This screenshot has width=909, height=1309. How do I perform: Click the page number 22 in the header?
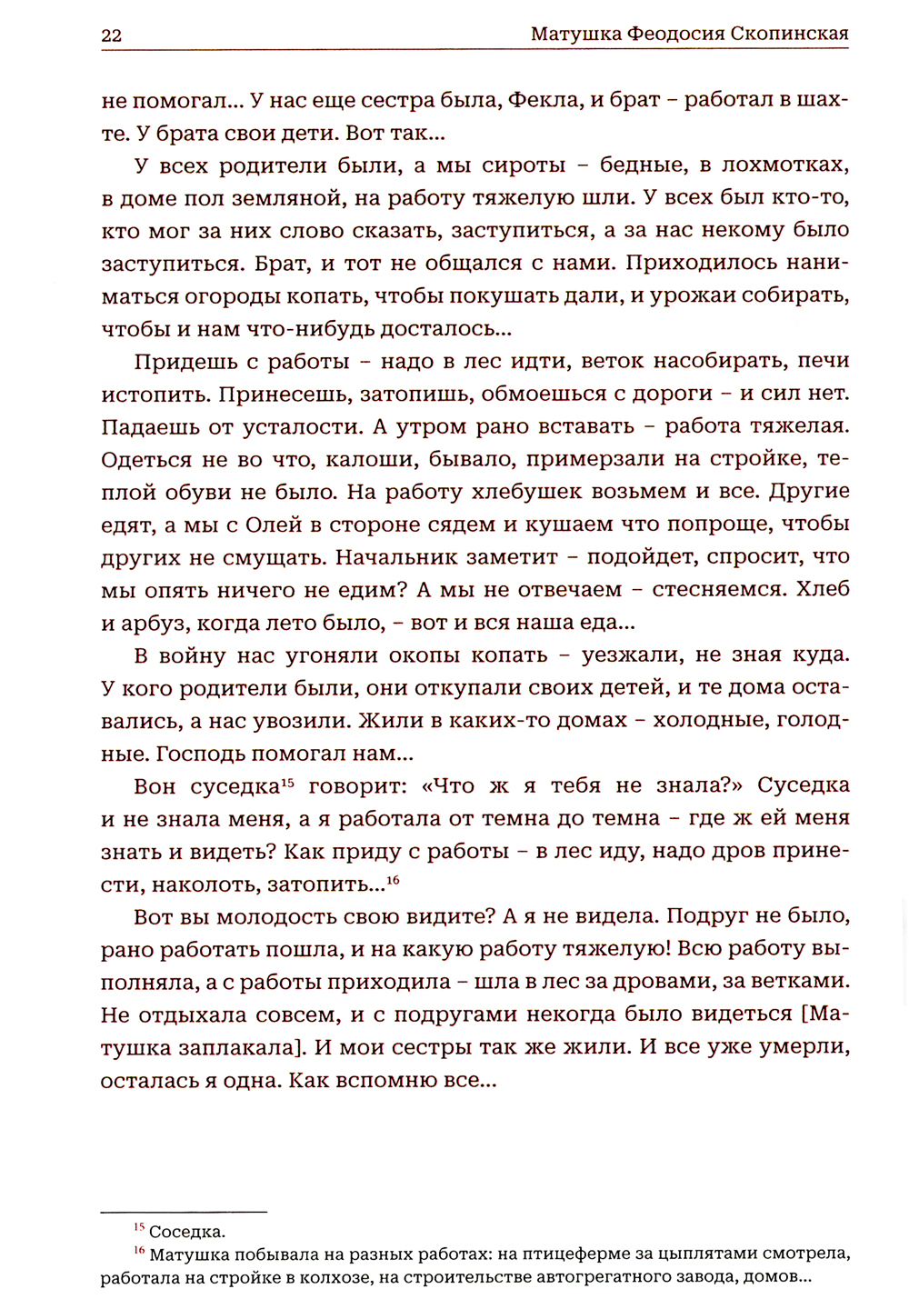tap(111, 35)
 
